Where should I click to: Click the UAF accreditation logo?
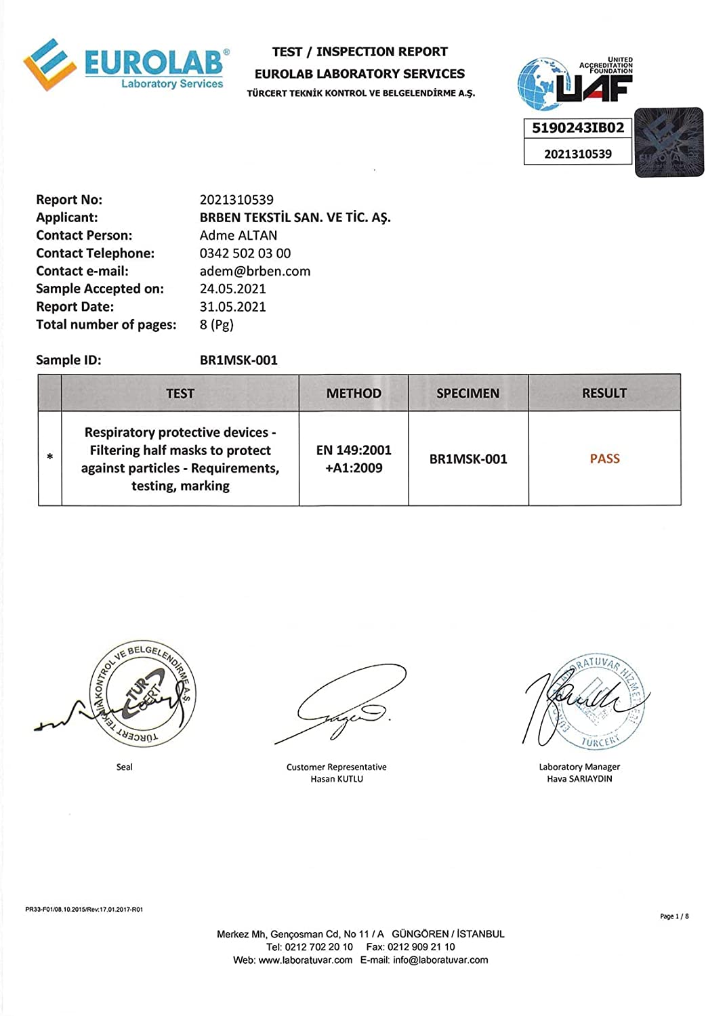tap(576, 83)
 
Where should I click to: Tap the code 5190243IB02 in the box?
tap(578, 128)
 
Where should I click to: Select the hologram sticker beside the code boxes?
tap(669, 142)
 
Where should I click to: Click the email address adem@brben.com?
tap(255, 271)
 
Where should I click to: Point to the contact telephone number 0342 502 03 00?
tap(245, 253)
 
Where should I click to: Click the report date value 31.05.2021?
tap(232, 307)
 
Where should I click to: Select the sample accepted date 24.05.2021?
tap(232, 289)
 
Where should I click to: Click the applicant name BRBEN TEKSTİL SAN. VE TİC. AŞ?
tap(295, 217)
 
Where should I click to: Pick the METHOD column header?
tap(354, 394)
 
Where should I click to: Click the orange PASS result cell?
tap(604, 459)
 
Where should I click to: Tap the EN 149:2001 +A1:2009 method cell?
tap(354, 459)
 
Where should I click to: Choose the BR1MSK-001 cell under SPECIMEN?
tap(468, 459)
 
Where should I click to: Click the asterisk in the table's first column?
tap(50, 459)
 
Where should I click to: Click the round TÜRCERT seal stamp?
tap(143, 695)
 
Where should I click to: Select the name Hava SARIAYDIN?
tap(579, 779)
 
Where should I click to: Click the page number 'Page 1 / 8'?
tap(674, 916)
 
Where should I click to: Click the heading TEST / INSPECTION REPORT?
tap(360, 51)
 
